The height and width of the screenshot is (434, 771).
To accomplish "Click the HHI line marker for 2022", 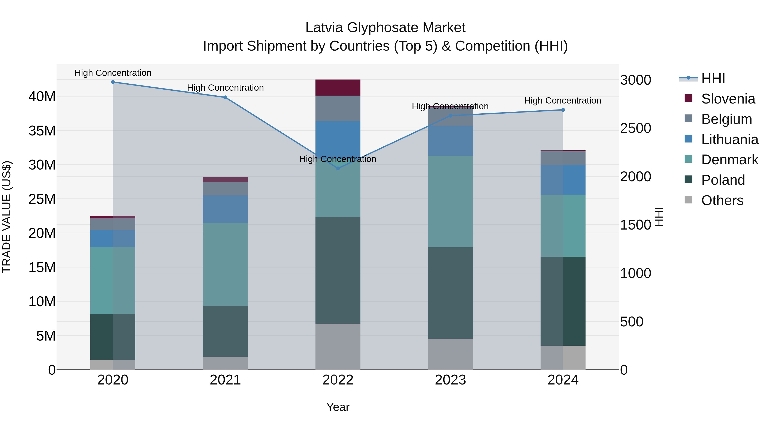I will pos(338,168).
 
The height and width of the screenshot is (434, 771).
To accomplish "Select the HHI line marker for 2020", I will pos(113,82).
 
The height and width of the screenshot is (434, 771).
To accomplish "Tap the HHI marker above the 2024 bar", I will pos(563,110).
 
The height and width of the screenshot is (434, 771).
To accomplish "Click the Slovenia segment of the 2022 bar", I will pos(338,87).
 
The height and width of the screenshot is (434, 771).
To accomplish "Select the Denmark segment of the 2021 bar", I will pos(225,264).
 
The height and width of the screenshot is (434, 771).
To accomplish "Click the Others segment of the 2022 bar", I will pos(338,346).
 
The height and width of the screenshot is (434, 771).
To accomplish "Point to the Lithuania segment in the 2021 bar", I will pos(225,209).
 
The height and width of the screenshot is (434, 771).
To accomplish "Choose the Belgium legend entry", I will pos(726,119).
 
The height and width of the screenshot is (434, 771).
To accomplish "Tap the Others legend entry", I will pos(722,200).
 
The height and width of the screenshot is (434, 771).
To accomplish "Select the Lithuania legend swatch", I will pos(688,139).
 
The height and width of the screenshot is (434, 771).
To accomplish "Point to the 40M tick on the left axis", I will pos(42,96).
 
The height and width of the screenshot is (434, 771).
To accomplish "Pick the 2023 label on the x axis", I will pos(450,380).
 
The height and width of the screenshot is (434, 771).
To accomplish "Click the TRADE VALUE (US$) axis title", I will pos(7,217).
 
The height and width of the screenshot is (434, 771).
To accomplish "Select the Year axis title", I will pos(338,407).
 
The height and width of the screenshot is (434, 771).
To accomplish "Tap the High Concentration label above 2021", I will pos(225,88).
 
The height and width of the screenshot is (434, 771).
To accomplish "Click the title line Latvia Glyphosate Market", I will pos(385,28).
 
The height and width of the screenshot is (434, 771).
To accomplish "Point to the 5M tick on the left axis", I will pos(46,336).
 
